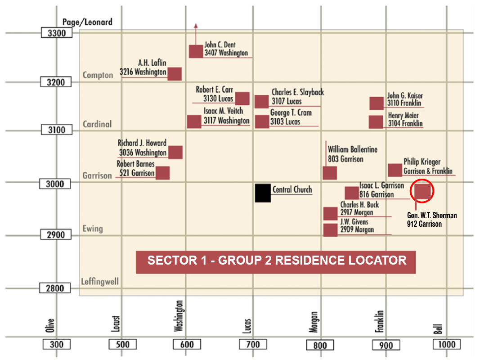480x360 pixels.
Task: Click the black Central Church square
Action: point(263,193)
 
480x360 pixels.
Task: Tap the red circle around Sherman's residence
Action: point(422,190)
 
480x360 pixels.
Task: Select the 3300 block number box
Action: point(57,32)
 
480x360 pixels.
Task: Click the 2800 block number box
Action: point(57,288)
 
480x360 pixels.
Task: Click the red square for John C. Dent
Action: point(196,51)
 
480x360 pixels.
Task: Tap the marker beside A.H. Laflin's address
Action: point(175,74)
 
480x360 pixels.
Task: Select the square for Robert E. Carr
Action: point(242,98)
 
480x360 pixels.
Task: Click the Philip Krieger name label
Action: point(422,162)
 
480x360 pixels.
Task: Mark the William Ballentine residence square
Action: point(330,173)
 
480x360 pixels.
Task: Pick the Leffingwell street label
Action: point(100,282)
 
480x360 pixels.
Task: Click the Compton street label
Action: point(98,75)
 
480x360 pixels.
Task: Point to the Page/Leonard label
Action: point(87,22)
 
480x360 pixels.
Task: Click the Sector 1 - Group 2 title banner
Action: point(276,261)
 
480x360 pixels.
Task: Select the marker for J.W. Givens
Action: point(330,230)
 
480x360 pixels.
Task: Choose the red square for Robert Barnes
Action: point(163,173)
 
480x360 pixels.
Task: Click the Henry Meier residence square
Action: point(376,122)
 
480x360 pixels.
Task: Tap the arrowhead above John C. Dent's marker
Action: point(196,26)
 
